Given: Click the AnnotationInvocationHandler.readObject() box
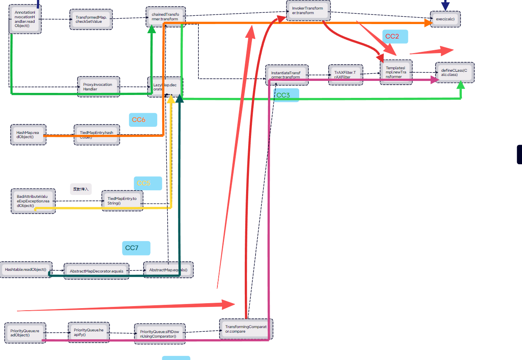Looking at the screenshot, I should click(25, 19).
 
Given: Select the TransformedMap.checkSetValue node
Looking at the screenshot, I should click(91, 19).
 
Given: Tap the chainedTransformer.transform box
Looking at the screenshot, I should click(166, 17).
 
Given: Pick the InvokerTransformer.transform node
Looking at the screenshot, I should click(308, 11).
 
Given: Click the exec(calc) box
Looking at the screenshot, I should click(445, 19).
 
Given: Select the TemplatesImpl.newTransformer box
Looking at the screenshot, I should click(396, 72).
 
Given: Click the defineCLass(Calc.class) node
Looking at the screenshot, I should click(454, 72).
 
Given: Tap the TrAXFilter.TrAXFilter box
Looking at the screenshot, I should click(345, 75).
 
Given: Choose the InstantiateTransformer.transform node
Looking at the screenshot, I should click(286, 75).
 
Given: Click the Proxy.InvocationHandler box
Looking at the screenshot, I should click(98, 86).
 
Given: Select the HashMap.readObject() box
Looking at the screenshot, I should click(28, 134).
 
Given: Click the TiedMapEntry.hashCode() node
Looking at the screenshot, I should click(97, 134).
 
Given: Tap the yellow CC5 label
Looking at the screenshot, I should click(144, 183).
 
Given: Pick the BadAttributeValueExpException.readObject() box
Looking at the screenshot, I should click(33, 201).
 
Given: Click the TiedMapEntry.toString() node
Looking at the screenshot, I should click(122, 201).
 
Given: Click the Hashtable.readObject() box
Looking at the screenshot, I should click(26, 270).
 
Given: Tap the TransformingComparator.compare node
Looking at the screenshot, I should click(246, 329).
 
